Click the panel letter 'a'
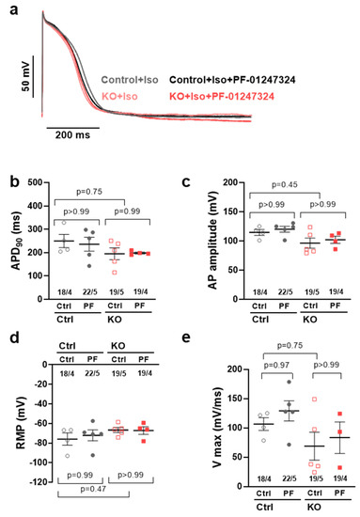click(x=8, y=8)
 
